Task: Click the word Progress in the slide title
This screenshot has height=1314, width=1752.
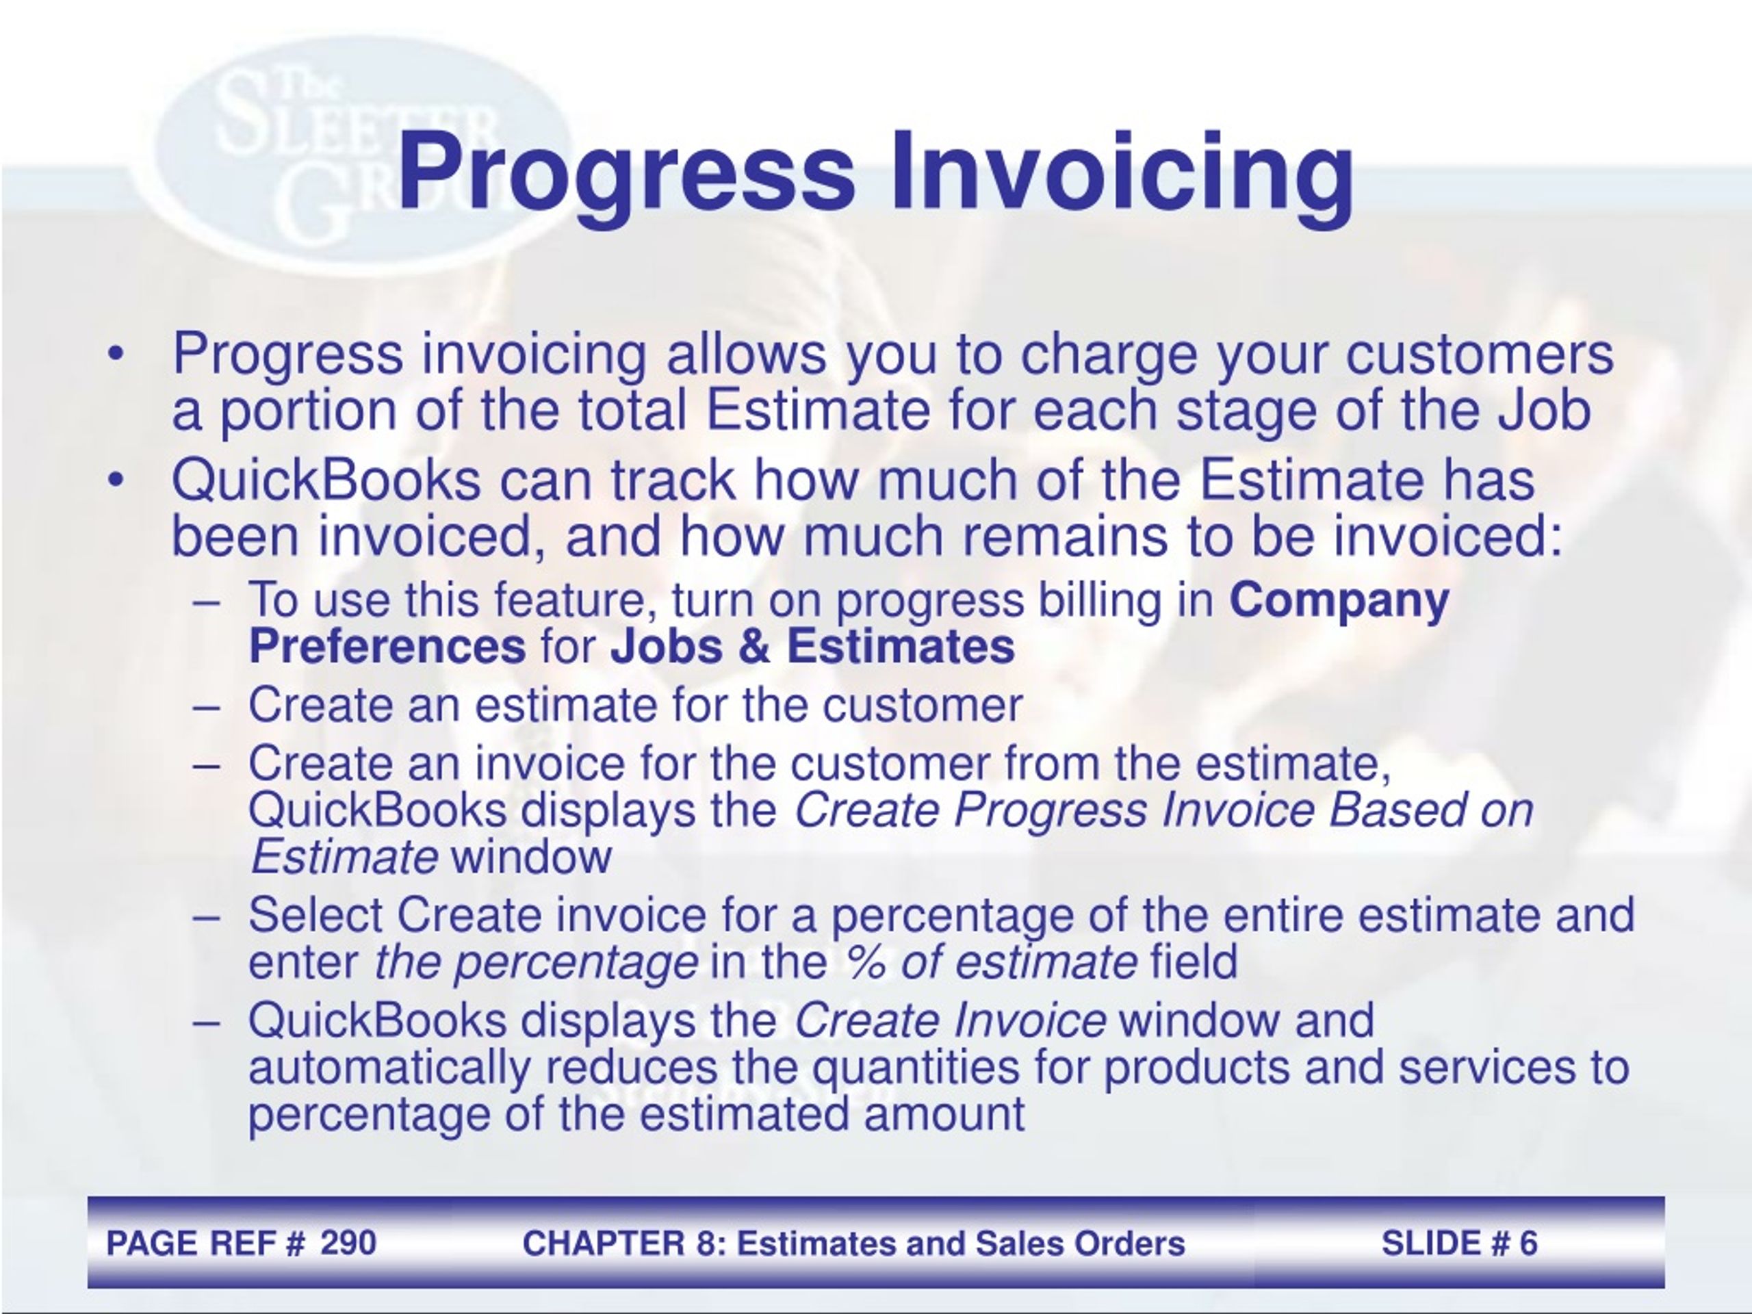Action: tap(626, 172)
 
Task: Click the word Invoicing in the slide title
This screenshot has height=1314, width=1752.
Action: tap(1122, 172)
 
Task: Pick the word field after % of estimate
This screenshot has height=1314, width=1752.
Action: tap(1194, 962)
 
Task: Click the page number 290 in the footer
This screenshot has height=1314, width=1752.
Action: tap(348, 1243)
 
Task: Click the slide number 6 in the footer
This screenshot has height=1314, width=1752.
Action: tap(1528, 1243)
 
